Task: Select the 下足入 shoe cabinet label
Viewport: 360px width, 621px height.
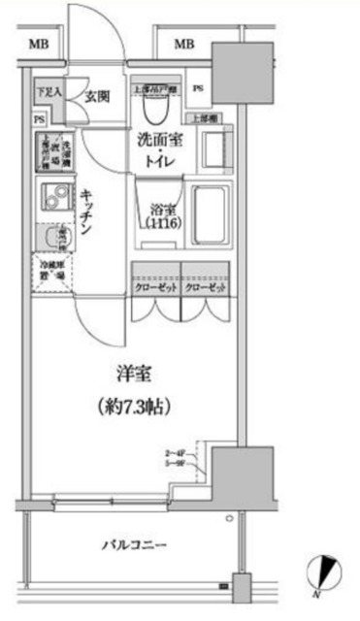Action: click(49, 93)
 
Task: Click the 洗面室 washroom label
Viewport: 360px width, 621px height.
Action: click(155, 140)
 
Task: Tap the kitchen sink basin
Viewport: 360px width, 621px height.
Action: click(48, 238)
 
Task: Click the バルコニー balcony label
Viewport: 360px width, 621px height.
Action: click(130, 543)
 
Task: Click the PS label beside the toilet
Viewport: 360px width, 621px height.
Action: click(198, 88)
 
